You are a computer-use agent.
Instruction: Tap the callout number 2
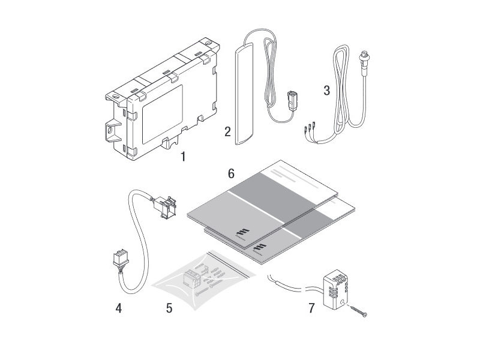click(x=227, y=131)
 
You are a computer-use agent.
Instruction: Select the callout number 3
click(x=326, y=91)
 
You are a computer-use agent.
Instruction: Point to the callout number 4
click(x=119, y=308)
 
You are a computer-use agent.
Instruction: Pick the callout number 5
click(x=169, y=308)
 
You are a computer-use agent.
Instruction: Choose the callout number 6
click(x=230, y=173)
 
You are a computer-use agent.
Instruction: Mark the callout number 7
click(x=311, y=308)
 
